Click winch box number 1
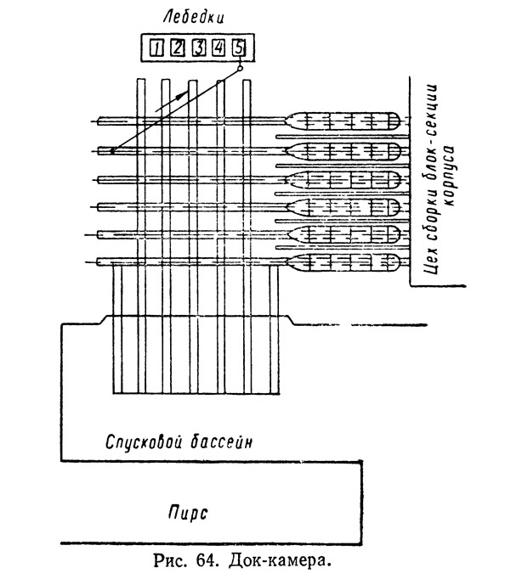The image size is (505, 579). [156, 48]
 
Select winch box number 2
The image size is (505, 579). [178, 48]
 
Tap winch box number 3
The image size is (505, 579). [199, 48]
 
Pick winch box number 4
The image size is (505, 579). [218, 48]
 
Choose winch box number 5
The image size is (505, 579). [239, 48]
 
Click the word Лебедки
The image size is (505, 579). [194, 17]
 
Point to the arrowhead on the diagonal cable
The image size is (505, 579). [179, 96]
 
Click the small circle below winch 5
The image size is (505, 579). [241, 68]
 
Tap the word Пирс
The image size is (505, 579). [188, 513]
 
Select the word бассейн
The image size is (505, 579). [221, 441]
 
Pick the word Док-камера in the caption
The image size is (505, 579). [279, 561]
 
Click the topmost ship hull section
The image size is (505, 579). [343, 121]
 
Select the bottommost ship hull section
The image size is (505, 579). [343, 263]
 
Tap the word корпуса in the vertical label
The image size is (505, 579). [449, 176]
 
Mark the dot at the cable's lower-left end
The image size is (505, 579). [112, 151]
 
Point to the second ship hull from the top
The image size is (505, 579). [343, 151]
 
